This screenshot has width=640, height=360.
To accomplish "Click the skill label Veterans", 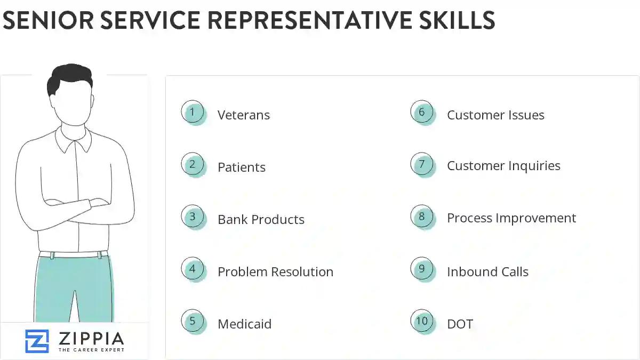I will click(x=243, y=115).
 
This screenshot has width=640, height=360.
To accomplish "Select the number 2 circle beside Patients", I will click(x=193, y=165).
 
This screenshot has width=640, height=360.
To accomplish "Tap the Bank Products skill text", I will click(x=261, y=220).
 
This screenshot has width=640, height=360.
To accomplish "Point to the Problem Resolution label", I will click(x=275, y=272).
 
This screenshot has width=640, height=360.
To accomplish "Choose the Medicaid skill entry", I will click(x=244, y=324).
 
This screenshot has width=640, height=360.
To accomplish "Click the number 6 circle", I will click(x=422, y=113).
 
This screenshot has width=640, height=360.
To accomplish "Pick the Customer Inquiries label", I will click(x=503, y=166).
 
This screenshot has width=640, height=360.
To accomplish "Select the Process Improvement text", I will click(x=511, y=218).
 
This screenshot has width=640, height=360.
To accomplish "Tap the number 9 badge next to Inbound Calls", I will click(x=422, y=269).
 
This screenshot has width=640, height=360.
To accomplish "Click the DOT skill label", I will click(x=460, y=324).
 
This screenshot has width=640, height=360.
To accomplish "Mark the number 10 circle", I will click(x=422, y=322).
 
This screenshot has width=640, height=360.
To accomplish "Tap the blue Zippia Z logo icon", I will click(x=37, y=341).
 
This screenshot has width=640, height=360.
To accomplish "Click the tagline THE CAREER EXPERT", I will click(x=91, y=350).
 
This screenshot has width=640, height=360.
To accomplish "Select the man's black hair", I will click(x=69, y=77).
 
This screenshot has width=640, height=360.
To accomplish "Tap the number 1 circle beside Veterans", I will click(x=193, y=113).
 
